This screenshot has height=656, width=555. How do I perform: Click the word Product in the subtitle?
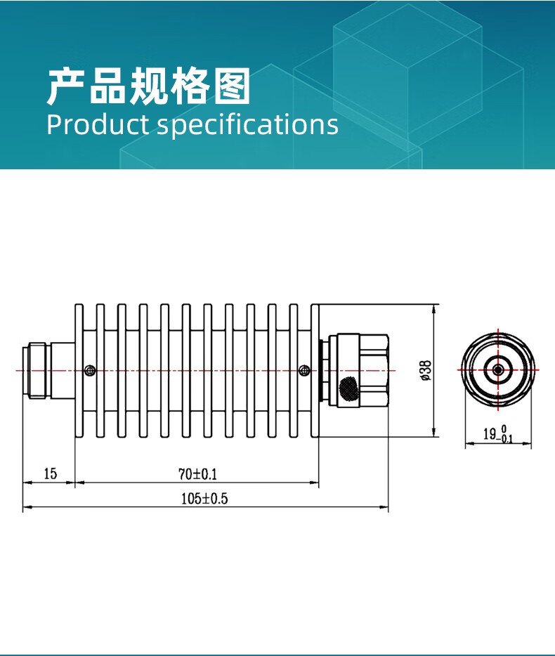[x=97, y=124]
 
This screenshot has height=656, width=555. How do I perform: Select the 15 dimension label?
[x=50, y=473]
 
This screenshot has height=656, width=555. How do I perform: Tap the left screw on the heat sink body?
[x=89, y=370]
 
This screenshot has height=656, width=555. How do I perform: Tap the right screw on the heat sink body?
[x=303, y=370]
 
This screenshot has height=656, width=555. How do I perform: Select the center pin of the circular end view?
[x=497, y=369]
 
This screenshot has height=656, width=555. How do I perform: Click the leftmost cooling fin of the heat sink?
[x=79, y=370]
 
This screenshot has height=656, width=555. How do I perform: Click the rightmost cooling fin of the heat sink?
[x=315, y=370]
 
